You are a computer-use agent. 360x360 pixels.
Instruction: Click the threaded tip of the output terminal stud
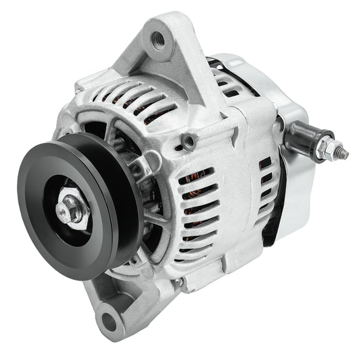[343, 154]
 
